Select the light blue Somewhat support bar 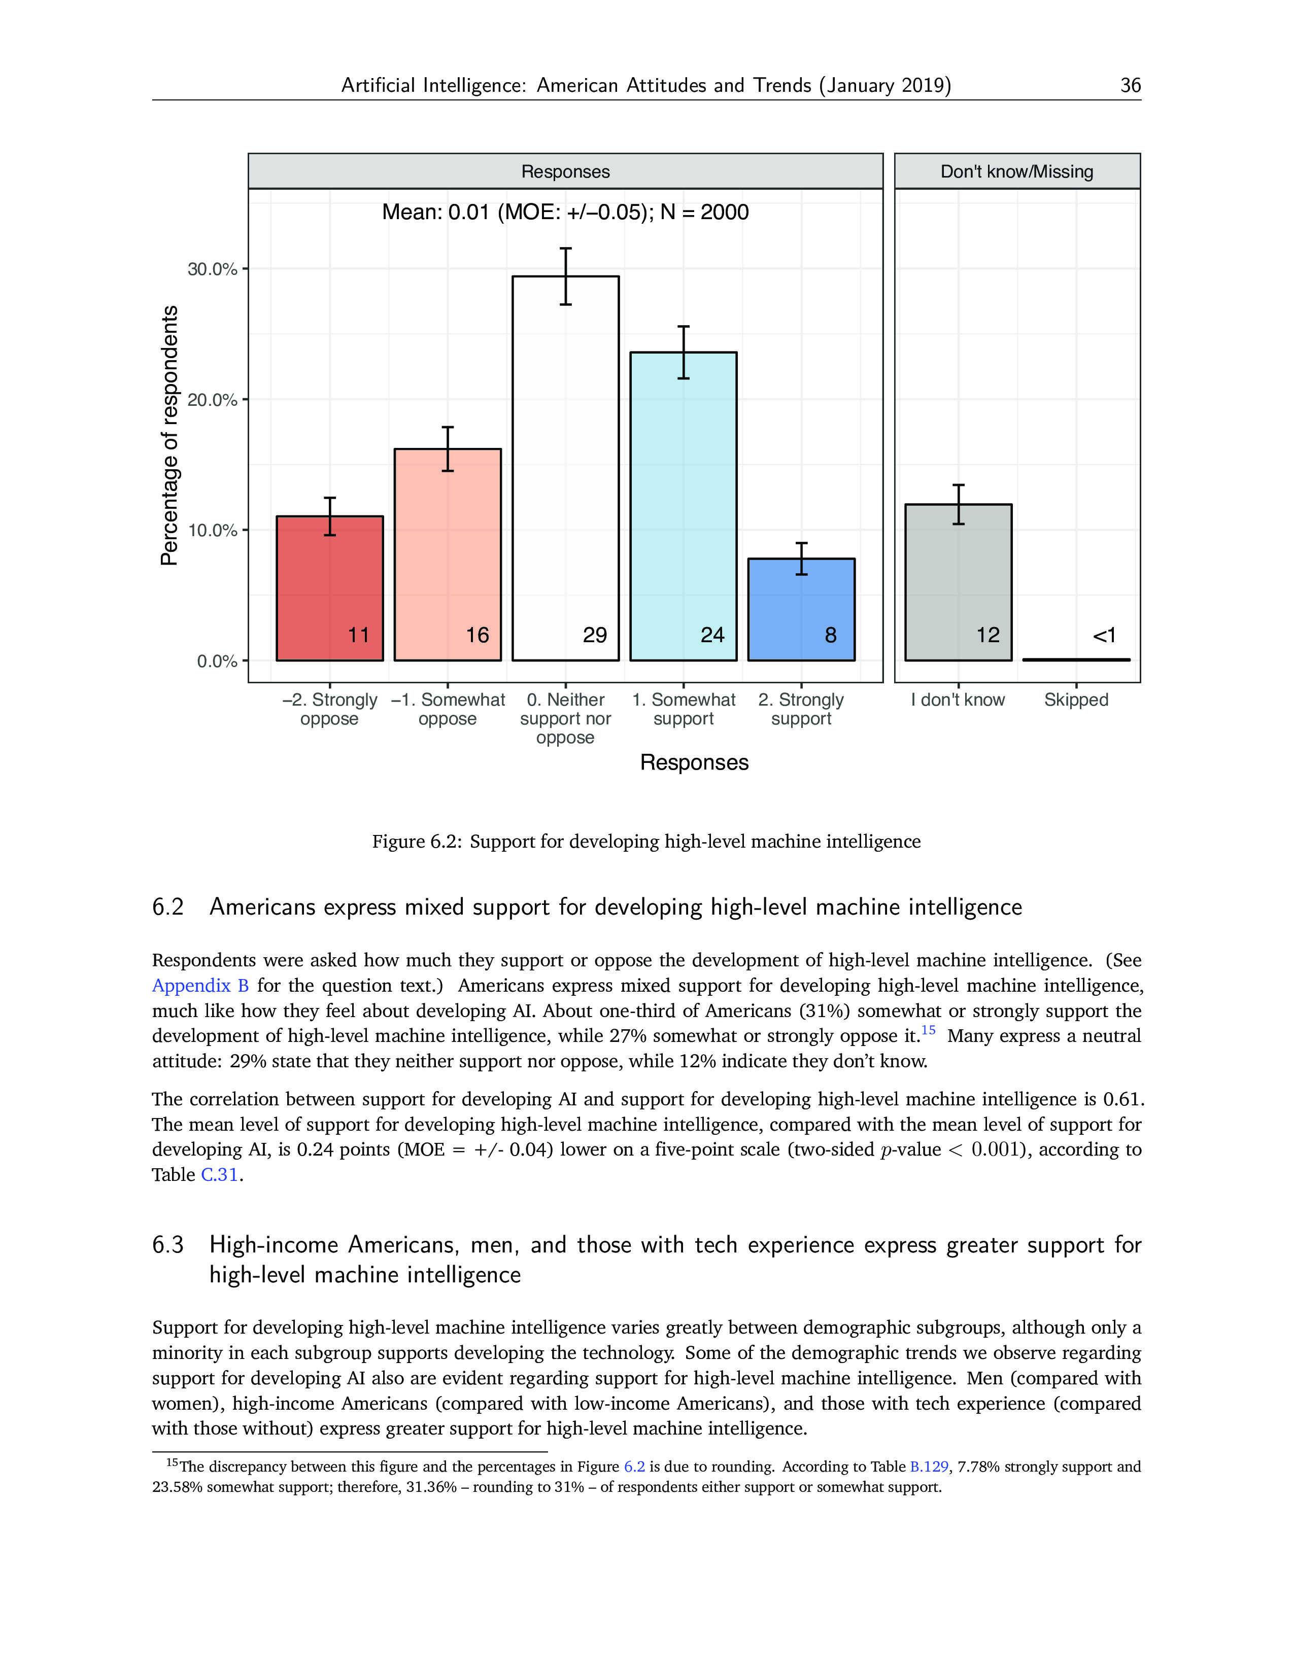click(x=683, y=506)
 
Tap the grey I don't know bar click(x=958, y=582)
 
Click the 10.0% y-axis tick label click(x=212, y=531)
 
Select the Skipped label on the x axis click(x=1075, y=700)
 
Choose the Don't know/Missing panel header click(x=1016, y=171)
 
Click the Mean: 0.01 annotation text click(x=565, y=213)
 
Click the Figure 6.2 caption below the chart click(x=646, y=842)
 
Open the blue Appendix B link click(x=200, y=986)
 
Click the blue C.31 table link click(x=219, y=1175)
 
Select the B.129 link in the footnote click(x=928, y=1467)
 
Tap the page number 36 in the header click(x=1130, y=85)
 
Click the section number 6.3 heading click(x=168, y=1245)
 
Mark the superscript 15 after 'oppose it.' click(x=928, y=1030)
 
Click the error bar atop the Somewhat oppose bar click(x=448, y=448)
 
